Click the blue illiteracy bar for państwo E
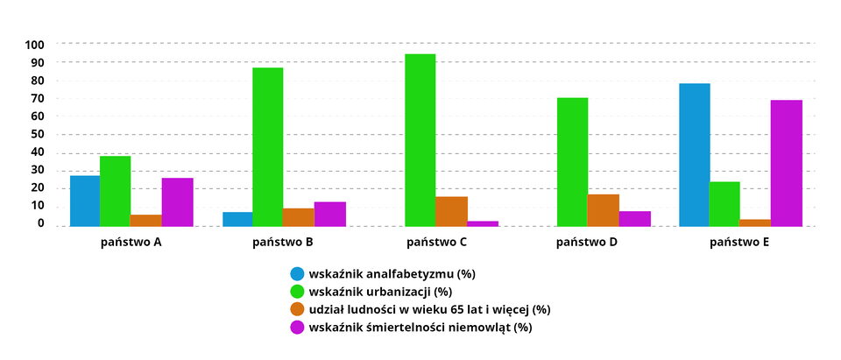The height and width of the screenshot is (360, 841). [695, 155]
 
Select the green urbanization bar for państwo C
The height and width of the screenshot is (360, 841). [420, 140]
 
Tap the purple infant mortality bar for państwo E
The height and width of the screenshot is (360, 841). [786, 163]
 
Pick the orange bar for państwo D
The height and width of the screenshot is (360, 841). [603, 210]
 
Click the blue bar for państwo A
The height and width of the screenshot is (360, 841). [85, 201]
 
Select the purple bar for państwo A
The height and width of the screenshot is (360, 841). [177, 202]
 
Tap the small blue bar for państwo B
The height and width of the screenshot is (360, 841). [237, 219]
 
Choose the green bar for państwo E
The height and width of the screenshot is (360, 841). [724, 204]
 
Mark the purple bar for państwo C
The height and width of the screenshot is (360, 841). [483, 223]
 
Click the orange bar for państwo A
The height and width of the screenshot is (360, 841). [145, 221]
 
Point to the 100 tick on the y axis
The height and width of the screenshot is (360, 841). [36, 44]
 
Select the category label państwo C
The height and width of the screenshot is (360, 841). [436, 241]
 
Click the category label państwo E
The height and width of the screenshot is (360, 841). [739, 241]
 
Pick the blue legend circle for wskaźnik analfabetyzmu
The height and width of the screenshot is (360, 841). [297, 273]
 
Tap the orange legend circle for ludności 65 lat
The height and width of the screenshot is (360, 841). [297, 309]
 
